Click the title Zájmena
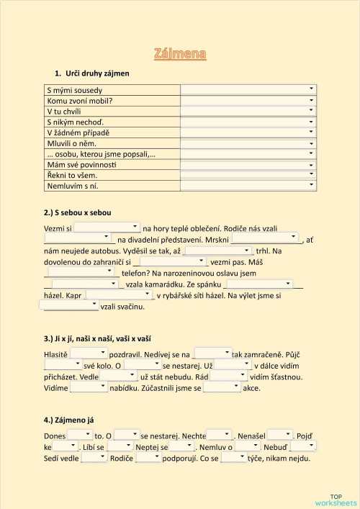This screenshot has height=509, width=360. click(x=180, y=53)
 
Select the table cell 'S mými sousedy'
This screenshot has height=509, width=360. click(x=74, y=90)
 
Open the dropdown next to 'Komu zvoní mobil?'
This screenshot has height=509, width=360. click(x=248, y=100)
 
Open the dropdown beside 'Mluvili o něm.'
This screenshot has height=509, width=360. click(x=248, y=143)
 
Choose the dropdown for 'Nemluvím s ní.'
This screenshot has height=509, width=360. click(x=248, y=185)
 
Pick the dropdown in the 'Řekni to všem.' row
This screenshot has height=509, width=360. click(x=248, y=174)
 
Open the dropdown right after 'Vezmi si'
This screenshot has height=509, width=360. click(x=107, y=228)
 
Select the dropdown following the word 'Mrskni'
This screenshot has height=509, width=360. click(x=265, y=238)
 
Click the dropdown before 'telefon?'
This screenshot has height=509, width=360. click(x=81, y=272)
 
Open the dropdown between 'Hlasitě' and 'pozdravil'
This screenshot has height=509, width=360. click(x=88, y=354)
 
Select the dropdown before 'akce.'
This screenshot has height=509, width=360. click(x=222, y=387)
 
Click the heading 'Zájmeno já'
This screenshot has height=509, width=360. click(x=69, y=420)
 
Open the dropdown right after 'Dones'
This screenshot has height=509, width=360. click(x=80, y=435)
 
